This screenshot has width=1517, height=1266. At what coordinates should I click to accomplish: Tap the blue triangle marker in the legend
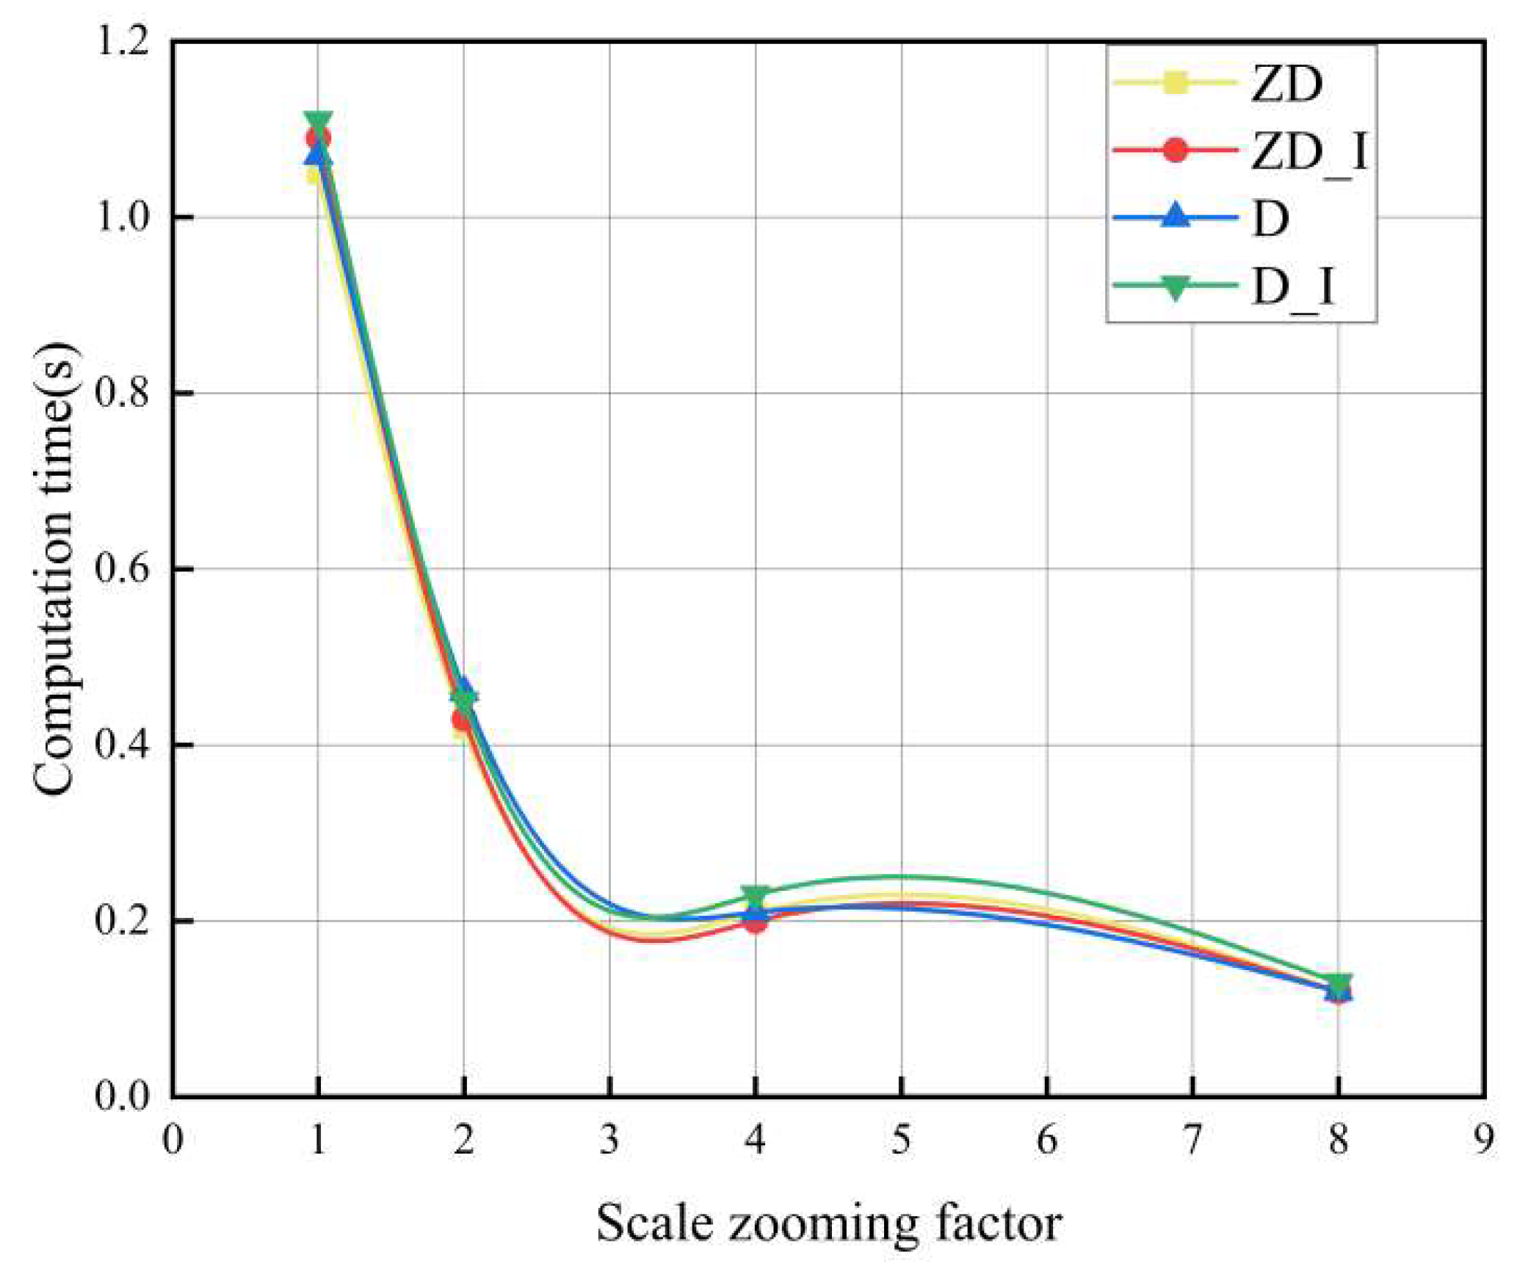[1175, 217]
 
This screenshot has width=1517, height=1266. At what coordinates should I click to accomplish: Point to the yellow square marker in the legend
[1175, 82]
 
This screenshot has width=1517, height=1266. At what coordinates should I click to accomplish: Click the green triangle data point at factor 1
[318, 121]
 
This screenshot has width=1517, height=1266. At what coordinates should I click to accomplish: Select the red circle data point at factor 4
[755, 921]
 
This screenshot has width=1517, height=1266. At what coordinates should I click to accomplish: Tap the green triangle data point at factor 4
[755, 896]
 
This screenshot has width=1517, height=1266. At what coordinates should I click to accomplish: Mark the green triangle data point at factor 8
[1339, 983]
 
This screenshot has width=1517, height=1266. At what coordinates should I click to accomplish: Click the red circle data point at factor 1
[318, 138]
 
